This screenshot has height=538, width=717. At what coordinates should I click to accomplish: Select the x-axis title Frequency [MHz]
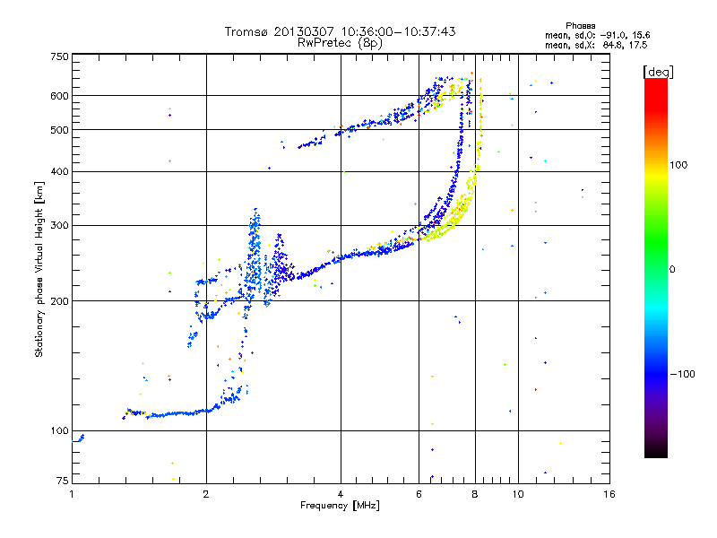[x=340, y=506]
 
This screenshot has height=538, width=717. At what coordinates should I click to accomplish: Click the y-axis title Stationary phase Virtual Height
[x=39, y=270]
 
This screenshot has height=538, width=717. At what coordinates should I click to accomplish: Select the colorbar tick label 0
[x=676, y=269]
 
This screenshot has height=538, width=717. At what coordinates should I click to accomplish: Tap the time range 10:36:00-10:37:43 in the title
[x=391, y=31]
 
